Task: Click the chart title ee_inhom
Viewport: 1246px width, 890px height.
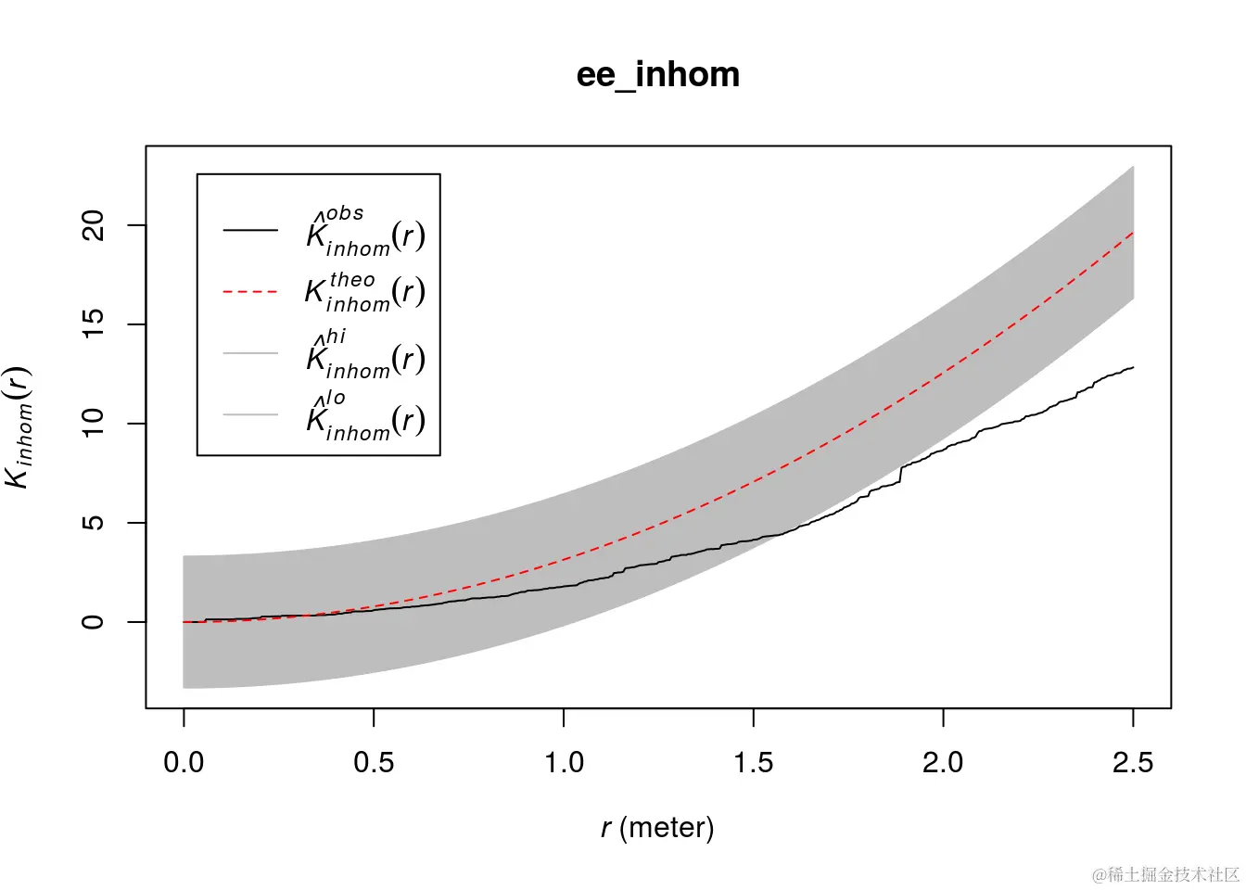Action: click(x=658, y=75)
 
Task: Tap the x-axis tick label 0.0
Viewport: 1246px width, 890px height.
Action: click(x=184, y=763)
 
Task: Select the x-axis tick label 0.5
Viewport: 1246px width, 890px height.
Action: click(x=374, y=763)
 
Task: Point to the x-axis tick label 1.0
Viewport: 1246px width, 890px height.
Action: click(x=564, y=763)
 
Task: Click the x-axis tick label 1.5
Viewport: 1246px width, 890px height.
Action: click(x=754, y=763)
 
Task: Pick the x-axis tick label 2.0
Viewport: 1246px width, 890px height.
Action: click(x=943, y=763)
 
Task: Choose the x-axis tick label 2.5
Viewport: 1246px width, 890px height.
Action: click(x=1133, y=763)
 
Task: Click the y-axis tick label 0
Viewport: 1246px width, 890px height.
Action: click(x=94, y=621)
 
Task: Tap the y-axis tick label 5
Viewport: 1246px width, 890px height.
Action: click(x=94, y=523)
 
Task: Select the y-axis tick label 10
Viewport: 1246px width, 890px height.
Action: click(x=94, y=424)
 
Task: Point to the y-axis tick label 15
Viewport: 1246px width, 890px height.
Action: click(x=94, y=324)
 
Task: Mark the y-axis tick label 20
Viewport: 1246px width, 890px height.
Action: click(x=94, y=225)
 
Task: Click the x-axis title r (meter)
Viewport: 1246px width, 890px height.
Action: click(x=657, y=827)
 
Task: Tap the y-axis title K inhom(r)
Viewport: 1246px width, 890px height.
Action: click(x=19, y=427)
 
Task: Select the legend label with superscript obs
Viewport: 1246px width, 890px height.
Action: click(x=365, y=232)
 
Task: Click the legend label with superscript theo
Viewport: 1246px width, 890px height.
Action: click(x=365, y=292)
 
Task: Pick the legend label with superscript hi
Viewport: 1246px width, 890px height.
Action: click(x=365, y=354)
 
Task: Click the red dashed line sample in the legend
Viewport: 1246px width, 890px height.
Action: click(x=250, y=292)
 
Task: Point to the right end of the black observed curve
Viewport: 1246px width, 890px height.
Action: click(x=1132, y=368)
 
